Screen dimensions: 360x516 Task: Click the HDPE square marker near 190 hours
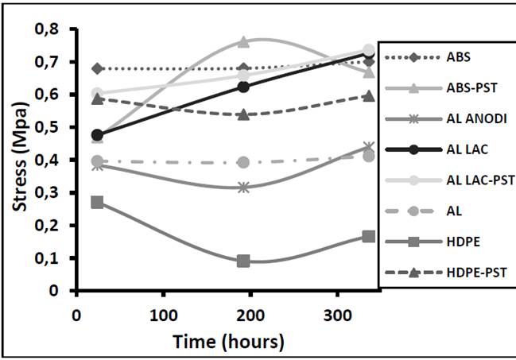point(243,261)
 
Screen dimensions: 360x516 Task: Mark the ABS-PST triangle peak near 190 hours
point(243,41)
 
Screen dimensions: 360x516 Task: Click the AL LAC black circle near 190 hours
point(243,87)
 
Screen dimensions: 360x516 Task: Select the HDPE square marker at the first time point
point(98,202)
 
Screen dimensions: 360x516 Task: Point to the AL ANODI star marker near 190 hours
point(243,188)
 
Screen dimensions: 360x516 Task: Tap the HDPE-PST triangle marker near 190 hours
point(243,114)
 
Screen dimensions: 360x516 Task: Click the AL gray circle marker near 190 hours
point(243,162)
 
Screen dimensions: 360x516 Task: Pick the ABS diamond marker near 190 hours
point(243,68)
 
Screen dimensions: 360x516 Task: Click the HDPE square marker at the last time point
point(369,236)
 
